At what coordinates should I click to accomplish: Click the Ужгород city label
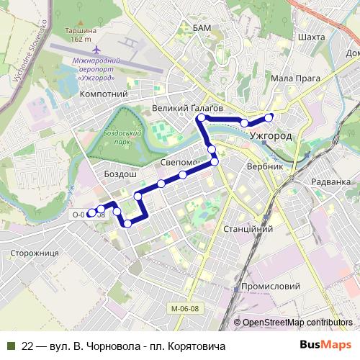(270, 135)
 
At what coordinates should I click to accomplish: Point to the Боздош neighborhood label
(120, 175)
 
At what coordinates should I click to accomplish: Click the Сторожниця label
(35, 253)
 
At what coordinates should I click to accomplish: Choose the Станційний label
(247, 228)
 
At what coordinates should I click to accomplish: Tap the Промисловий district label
(270, 286)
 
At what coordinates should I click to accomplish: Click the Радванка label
(332, 182)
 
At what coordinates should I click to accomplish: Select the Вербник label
(264, 166)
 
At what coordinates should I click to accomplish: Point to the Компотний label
(104, 94)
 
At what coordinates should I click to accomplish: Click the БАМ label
(202, 27)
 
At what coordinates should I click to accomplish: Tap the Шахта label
(310, 37)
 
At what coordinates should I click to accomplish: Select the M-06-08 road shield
(185, 309)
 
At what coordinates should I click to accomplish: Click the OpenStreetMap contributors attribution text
(298, 323)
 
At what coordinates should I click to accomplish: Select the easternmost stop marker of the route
(269, 117)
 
